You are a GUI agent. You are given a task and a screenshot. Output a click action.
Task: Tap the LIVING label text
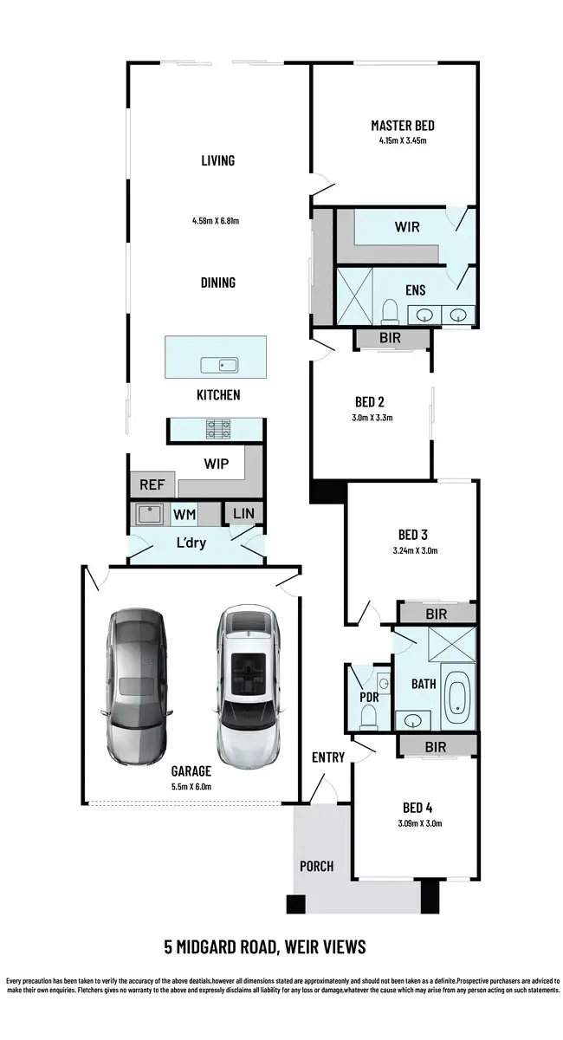[217, 160]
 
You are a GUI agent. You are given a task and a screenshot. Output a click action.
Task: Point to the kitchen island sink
[219, 364]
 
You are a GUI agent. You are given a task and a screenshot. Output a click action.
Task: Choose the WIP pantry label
[217, 464]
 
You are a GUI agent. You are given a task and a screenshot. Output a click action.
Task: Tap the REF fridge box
[152, 485]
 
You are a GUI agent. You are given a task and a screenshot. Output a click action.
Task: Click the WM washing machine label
[184, 515]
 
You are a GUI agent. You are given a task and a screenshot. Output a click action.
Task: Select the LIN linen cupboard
[243, 514]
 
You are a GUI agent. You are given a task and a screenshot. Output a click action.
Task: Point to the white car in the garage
[249, 685]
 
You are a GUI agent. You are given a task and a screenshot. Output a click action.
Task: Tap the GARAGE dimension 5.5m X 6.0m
[191, 786]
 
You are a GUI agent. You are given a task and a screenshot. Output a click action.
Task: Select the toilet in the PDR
[367, 714]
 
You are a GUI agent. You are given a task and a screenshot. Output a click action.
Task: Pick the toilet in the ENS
[389, 310]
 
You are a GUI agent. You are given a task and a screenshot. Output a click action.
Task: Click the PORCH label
[316, 866]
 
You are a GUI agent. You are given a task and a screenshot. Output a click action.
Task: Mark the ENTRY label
[328, 757]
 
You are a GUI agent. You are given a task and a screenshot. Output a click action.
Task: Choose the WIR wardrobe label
[407, 227]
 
